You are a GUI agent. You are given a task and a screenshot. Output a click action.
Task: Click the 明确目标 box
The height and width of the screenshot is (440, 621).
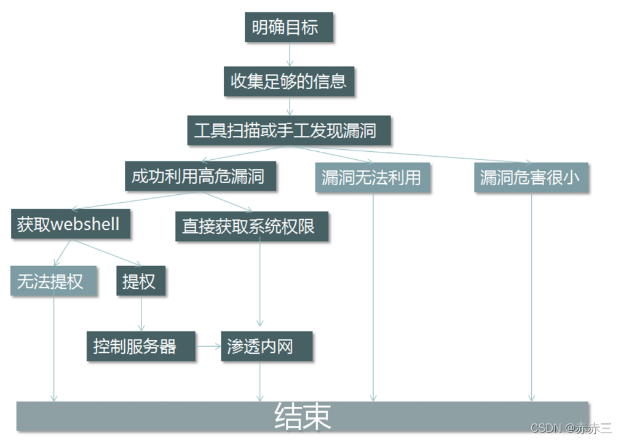[288, 27]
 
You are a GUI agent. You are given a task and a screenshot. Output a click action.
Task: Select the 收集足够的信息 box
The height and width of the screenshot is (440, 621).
[288, 81]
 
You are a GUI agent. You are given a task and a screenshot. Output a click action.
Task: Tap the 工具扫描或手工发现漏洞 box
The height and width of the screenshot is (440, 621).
[288, 130]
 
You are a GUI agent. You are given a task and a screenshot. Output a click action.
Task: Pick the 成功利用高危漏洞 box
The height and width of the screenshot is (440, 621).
[200, 176]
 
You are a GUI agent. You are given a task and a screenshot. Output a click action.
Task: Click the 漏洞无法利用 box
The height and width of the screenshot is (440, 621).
[372, 178]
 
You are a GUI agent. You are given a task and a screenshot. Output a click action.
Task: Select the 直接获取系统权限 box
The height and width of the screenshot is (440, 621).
[251, 226]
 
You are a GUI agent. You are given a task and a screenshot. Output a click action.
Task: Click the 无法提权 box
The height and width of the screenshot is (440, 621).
[53, 281]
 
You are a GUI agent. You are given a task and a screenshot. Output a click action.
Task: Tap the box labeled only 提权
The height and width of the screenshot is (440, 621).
[140, 281]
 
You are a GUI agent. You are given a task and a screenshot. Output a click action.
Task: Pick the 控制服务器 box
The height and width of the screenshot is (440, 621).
[140, 346]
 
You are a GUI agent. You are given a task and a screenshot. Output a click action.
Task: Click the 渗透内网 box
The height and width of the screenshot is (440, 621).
[266, 346]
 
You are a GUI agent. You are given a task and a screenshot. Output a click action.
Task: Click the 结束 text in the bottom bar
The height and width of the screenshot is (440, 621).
[303, 417]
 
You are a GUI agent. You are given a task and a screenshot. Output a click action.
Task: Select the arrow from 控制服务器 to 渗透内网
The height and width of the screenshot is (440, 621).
[208, 346]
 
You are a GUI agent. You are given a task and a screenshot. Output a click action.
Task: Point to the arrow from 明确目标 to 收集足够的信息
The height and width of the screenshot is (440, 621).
[290, 54]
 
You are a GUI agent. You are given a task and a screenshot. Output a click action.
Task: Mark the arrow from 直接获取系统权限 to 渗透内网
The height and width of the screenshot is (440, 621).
[260, 283]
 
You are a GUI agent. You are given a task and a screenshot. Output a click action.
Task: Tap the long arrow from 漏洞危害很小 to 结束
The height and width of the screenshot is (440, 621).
[532, 295]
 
